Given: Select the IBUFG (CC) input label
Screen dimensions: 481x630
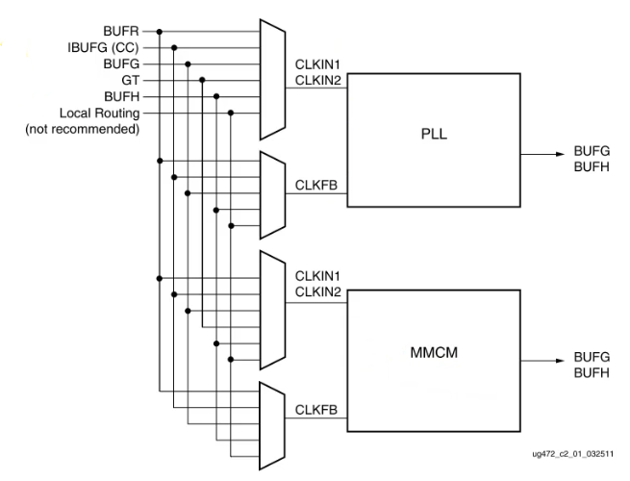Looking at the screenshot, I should point(112,47).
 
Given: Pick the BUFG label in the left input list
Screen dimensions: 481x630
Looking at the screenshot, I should point(126,64).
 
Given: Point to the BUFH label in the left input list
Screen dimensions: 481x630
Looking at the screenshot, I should point(126,97).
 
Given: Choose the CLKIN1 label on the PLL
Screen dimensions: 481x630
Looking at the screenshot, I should point(318,64).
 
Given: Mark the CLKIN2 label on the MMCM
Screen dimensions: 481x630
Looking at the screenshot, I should point(318,292).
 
